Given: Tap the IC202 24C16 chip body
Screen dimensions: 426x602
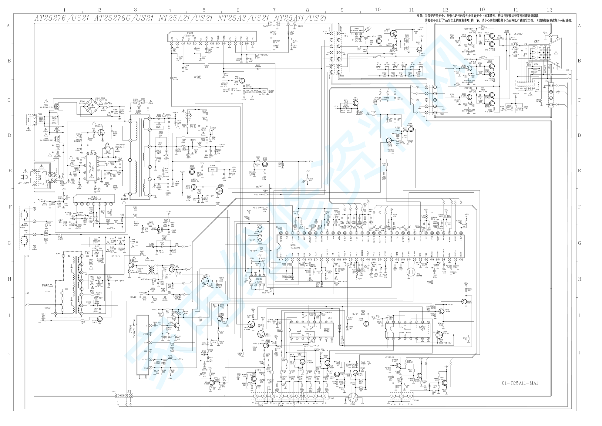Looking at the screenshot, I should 259,280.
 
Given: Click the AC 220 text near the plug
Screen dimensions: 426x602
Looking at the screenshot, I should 24,183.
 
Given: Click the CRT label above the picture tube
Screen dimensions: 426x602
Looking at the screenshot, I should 537,42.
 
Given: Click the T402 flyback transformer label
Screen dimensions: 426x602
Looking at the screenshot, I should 47,285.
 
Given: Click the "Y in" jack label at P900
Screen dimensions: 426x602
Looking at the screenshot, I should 410,404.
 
